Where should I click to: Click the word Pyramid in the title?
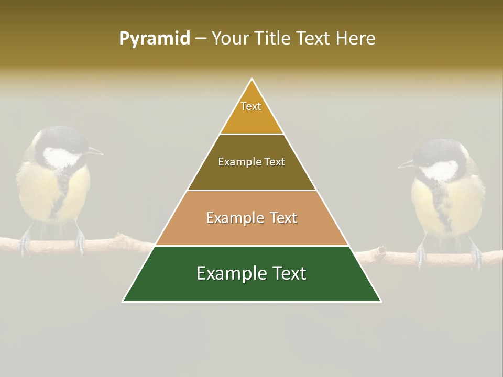coord(155,39)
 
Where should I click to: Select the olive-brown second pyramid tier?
coord(251,162)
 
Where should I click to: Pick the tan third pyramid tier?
coord(251,218)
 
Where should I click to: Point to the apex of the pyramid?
coord(252,79)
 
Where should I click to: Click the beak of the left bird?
coord(96,152)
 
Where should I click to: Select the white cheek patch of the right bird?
coord(441,171)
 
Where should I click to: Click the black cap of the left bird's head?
coord(60,137)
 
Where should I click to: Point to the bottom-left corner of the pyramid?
coord(123,301)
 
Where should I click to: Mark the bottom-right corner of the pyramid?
coord(381,301)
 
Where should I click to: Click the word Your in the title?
coord(231,39)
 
